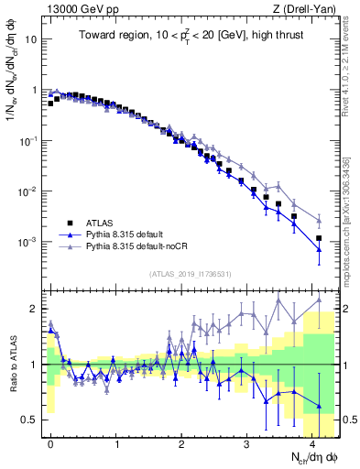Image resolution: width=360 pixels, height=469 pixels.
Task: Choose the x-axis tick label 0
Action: [x=50, y=442]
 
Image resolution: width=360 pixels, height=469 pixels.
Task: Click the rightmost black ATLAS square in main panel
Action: [x=319, y=238]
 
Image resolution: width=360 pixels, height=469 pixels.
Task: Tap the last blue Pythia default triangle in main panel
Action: [x=319, y=249]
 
